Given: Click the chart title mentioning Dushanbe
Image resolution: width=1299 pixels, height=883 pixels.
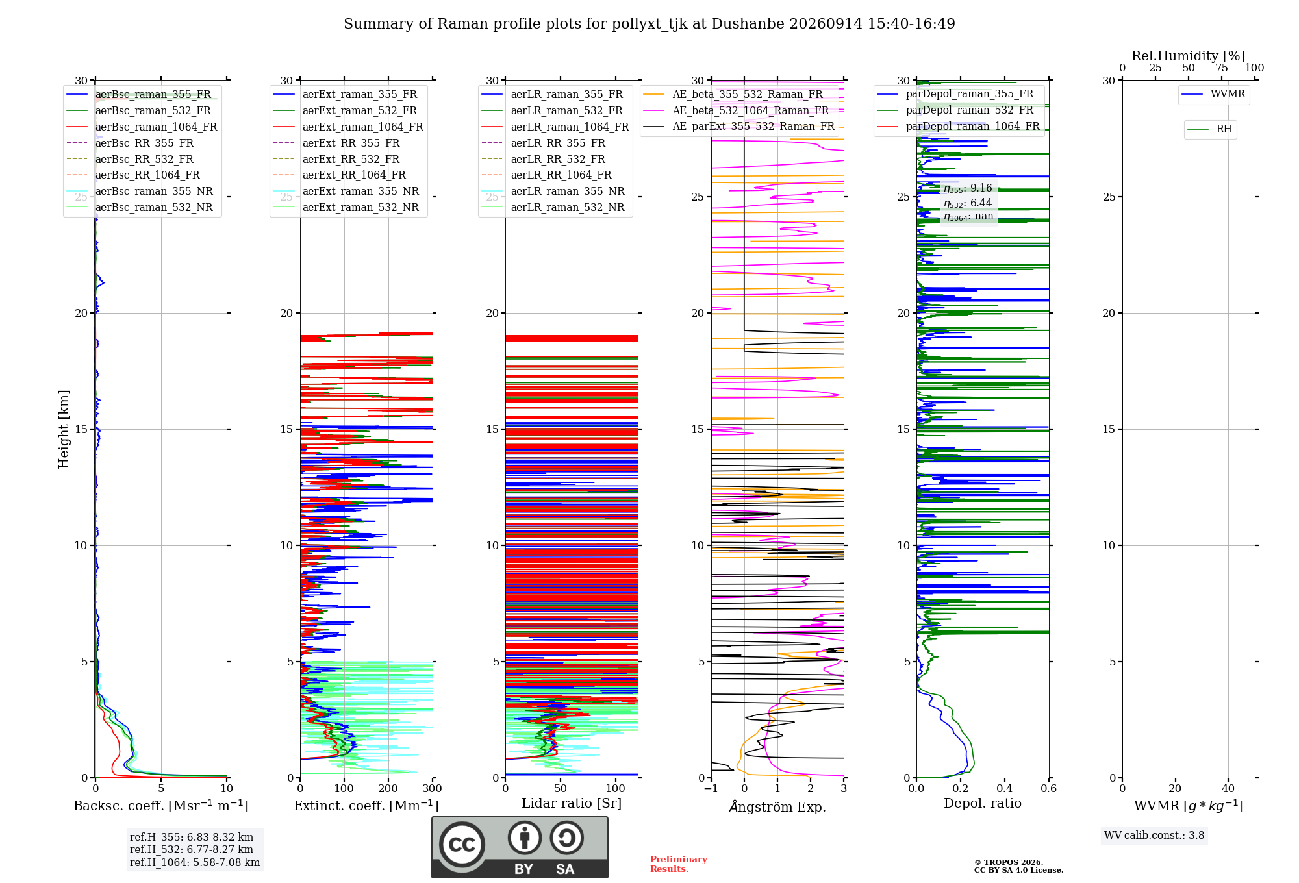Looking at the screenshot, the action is click(x=649, y=24).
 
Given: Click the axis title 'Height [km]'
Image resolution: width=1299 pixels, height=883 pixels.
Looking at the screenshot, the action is click(x=64, y=429).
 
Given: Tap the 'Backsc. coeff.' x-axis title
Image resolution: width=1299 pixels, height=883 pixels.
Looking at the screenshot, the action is click(x=161, y=806).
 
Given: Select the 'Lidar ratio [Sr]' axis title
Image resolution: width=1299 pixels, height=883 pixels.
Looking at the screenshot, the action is click(x=572, y=804).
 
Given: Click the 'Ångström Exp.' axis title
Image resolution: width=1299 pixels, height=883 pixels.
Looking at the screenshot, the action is click(x=777, y=806).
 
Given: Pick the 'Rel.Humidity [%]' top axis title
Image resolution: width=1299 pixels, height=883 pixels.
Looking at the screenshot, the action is click(x=1189, y=56).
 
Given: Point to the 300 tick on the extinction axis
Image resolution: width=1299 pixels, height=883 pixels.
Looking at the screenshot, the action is click(x=432, y=789).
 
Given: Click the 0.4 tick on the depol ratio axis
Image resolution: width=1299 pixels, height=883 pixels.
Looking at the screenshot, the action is click(x=1005, y=789).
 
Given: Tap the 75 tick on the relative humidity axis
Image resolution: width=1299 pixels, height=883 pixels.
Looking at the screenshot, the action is click(x=1222, y=68).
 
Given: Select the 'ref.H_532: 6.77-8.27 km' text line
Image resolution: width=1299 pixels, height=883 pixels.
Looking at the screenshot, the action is click(x=192, y=850).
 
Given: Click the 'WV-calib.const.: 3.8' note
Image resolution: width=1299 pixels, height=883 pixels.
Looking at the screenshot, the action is click(x=1154, y=836).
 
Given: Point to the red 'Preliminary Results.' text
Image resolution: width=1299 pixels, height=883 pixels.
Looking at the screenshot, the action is click(x=679, y=864).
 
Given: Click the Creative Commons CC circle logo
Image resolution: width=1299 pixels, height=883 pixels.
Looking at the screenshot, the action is click(x=462, y=845).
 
